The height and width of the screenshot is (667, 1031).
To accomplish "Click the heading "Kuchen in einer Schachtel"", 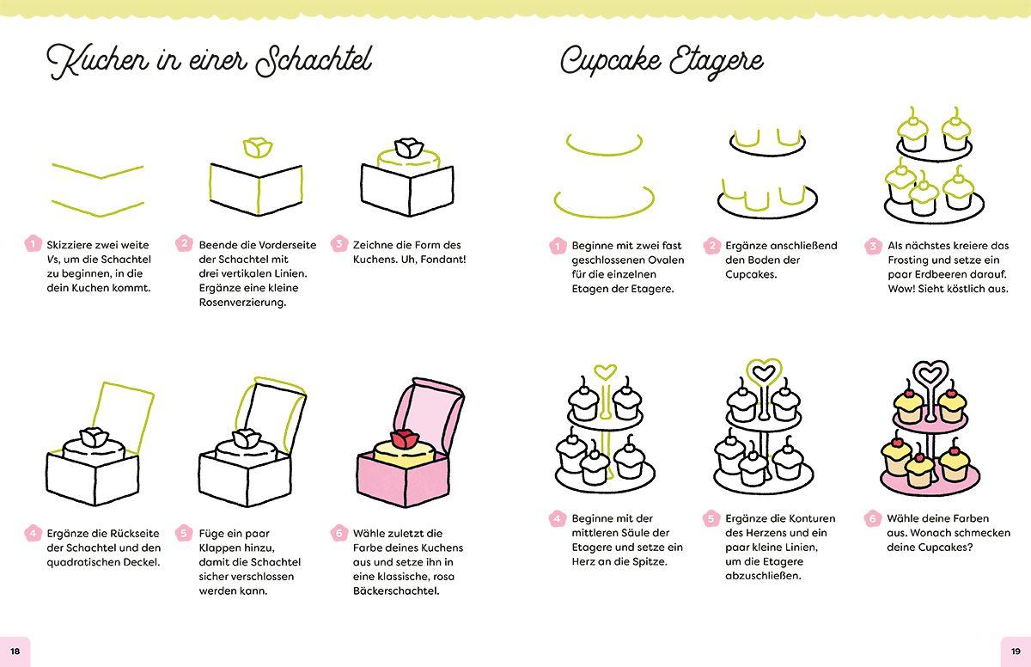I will click(210, 62).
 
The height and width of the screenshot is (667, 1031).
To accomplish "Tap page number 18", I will click(15, 651).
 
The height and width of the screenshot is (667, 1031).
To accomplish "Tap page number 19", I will click(1015, 651).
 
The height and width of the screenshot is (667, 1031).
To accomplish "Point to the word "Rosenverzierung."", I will click(242, 303).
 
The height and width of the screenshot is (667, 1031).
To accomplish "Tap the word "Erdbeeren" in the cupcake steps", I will click(966, 274).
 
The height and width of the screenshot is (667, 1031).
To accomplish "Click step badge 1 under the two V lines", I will click(32, 244).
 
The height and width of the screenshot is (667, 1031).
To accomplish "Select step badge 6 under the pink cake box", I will click(339, 533).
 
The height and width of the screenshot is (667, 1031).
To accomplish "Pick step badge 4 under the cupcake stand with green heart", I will click(557, 518).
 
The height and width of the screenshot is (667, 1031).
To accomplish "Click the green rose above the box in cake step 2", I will click(257, 147).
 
